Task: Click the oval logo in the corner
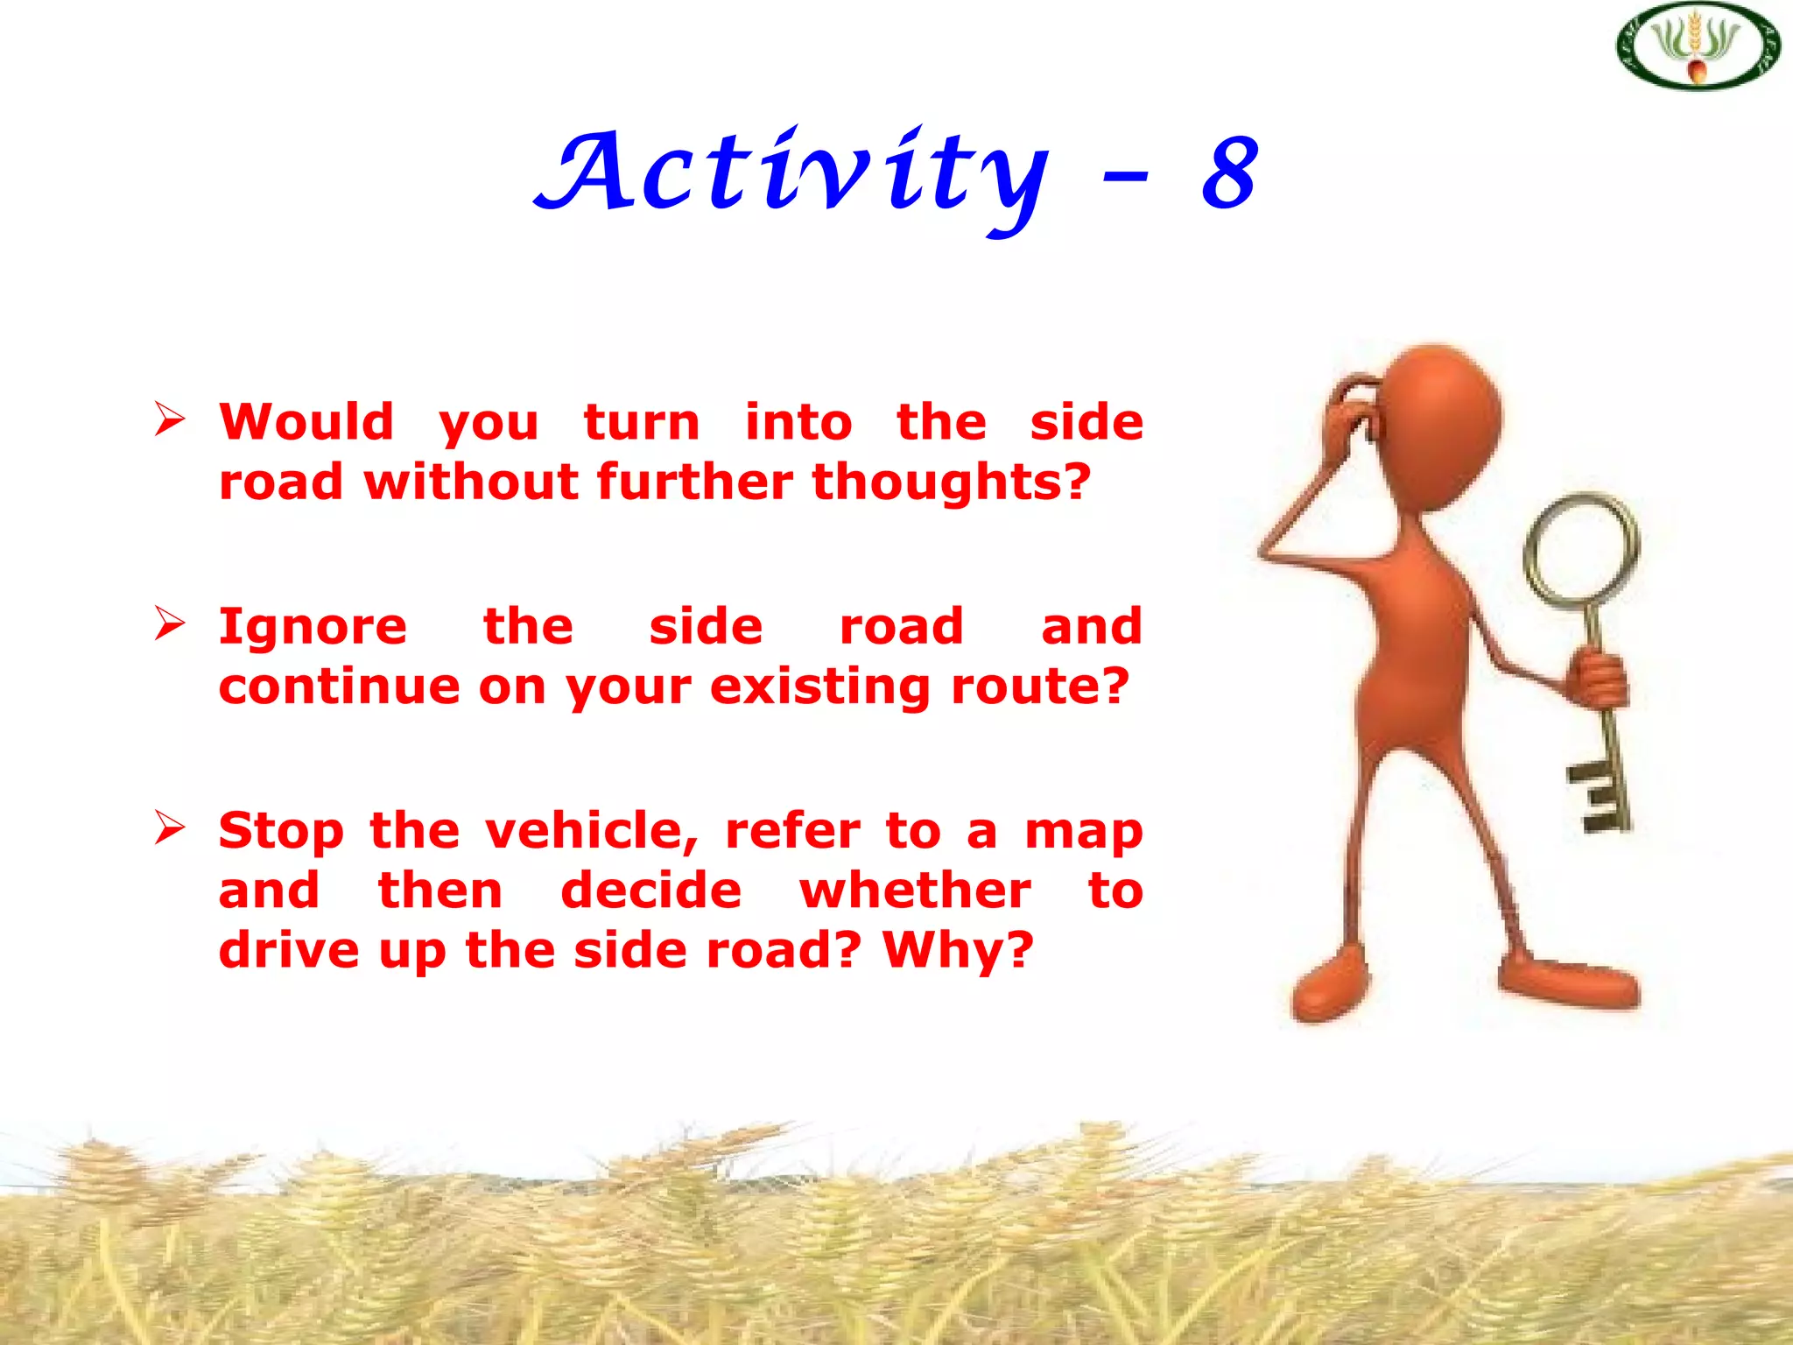1698,46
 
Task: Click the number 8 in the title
1229,174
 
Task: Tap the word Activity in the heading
792,174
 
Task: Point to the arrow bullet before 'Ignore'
169,623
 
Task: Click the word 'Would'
306,422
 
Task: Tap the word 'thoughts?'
952,482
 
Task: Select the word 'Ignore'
313,627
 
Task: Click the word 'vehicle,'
592,830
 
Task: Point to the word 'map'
1084,832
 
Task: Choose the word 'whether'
915,891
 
